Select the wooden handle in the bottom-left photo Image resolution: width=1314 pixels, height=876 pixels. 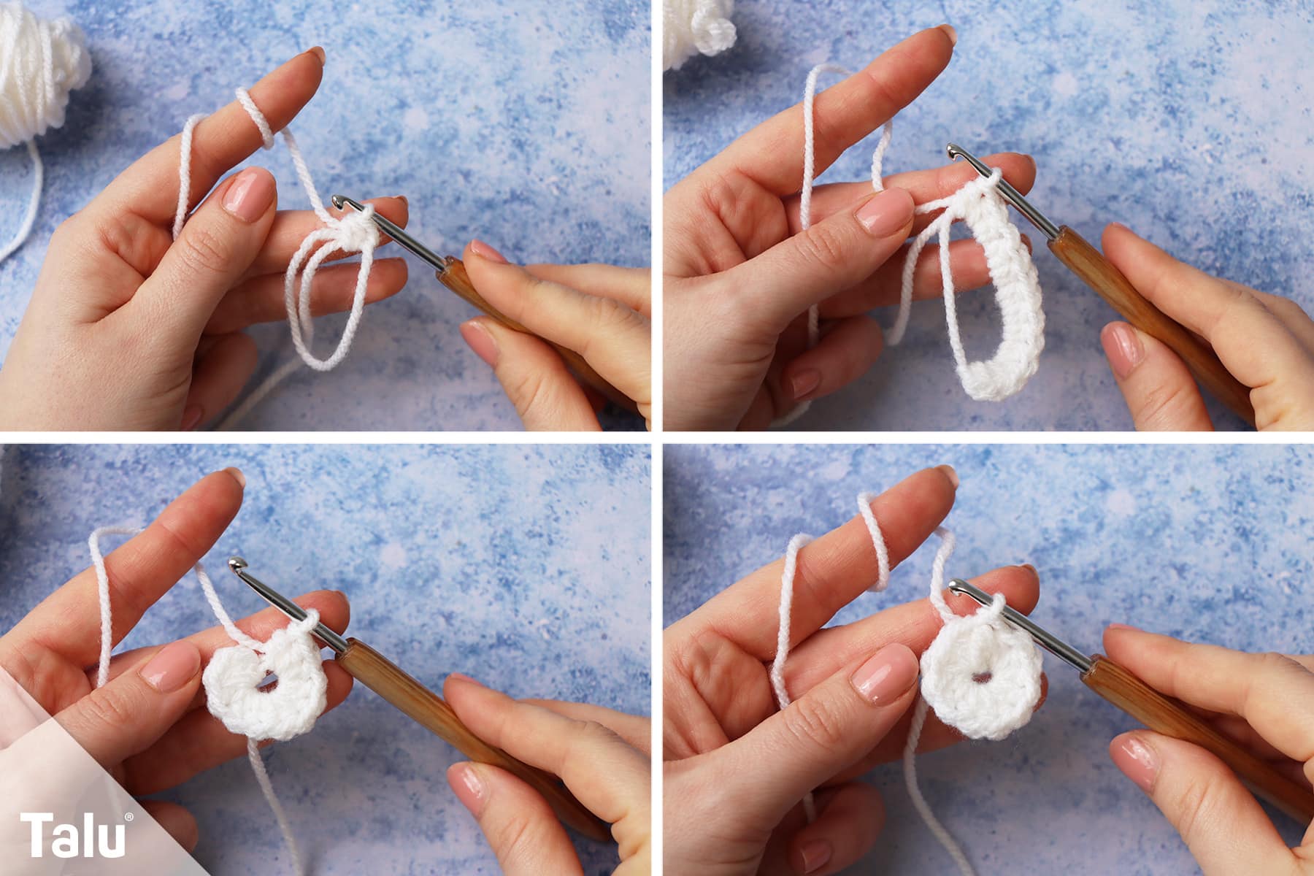[x=467, y=723]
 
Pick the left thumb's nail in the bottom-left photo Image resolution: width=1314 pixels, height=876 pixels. [x=169, y=665]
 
